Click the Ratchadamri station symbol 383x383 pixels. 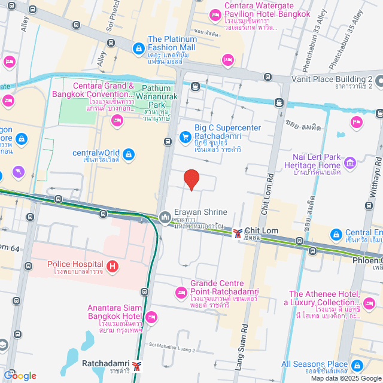[x=138, y=365]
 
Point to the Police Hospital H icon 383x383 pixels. [x=111, y=266]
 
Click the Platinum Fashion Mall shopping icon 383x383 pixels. [x=138, y=47]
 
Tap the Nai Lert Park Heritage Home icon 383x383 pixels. [x=350, y=162]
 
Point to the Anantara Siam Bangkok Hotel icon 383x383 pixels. [x=151, y=317]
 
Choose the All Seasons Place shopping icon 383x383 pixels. [x=357, y=365]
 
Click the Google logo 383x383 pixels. [x=20, y=376]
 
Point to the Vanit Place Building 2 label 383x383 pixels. [x=332, y=79]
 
